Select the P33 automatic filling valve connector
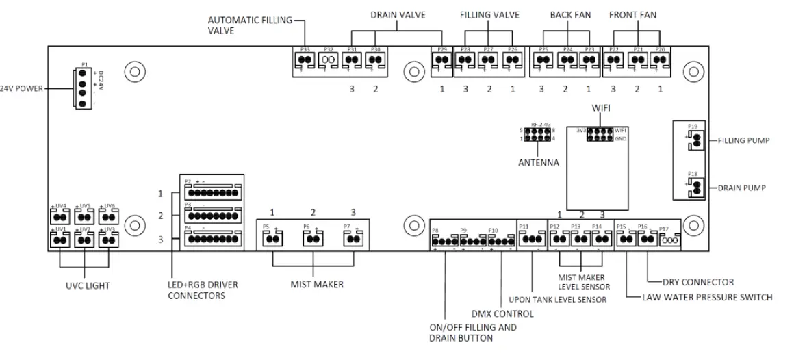coord(305,60)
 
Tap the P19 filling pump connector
coord(697,140)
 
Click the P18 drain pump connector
coord(697,188)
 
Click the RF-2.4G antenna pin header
coord(539,134)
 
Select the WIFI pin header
coord(600,134)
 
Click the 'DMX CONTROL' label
coord(503,313)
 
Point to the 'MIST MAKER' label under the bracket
coord(313,283)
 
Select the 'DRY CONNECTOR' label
coord(697,281)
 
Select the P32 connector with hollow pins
coord(328,60)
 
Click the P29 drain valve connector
coord(440,60)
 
